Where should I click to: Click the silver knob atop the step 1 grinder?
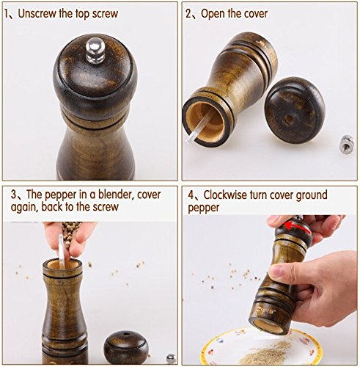[x=96, y=50]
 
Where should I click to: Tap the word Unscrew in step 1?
[x=37, y=13]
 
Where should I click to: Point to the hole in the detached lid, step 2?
[x=290, y=119]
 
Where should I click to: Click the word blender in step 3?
[x=114, y=195]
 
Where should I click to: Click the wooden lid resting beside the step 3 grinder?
[x=126, y=346]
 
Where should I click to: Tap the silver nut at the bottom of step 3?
[x=171, y=359]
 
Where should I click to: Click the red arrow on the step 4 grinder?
[x=297, y=227]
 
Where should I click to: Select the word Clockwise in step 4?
[x=225, y=195]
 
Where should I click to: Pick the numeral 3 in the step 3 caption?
[x=14, y=195]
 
